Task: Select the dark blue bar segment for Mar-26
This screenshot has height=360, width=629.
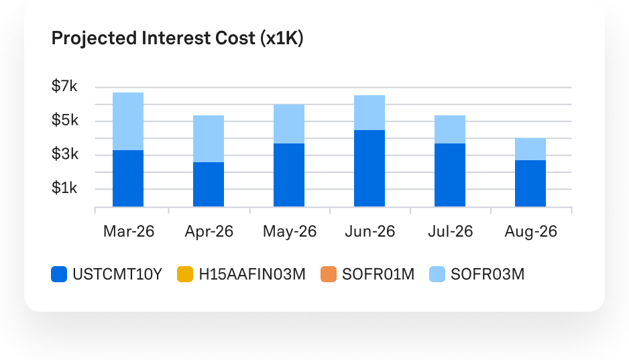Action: tap(127, 178)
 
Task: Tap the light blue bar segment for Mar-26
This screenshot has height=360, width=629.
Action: tap(127, 121)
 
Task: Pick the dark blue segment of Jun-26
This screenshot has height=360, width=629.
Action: tap(369, 168)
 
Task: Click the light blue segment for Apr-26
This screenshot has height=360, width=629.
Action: tap(209, 139)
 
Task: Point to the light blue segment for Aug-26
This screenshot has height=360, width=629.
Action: tap(530, 149)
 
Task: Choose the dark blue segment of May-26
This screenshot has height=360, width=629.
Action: tap(289, 174)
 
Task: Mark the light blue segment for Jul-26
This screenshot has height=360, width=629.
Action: tap(450, 129)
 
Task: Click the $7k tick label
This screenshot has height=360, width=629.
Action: tap(64, 86)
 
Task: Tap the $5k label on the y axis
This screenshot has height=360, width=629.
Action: tap(64, 121)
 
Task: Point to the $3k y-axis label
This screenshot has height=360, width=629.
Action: tap(64, 155)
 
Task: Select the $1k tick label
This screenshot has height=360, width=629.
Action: tap(64, 188)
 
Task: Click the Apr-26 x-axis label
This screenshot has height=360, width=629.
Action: tap(209, 232)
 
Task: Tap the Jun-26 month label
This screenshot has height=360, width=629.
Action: tap(369, 232)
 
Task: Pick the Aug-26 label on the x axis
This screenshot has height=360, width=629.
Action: tap(530, 232)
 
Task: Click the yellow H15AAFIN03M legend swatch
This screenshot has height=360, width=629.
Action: tap(185, 274)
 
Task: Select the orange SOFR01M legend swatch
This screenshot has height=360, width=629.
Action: tap(329, 274)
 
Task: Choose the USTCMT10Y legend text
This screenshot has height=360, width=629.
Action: tap(117, 274)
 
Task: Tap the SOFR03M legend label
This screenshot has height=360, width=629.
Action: tap(487, 274)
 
